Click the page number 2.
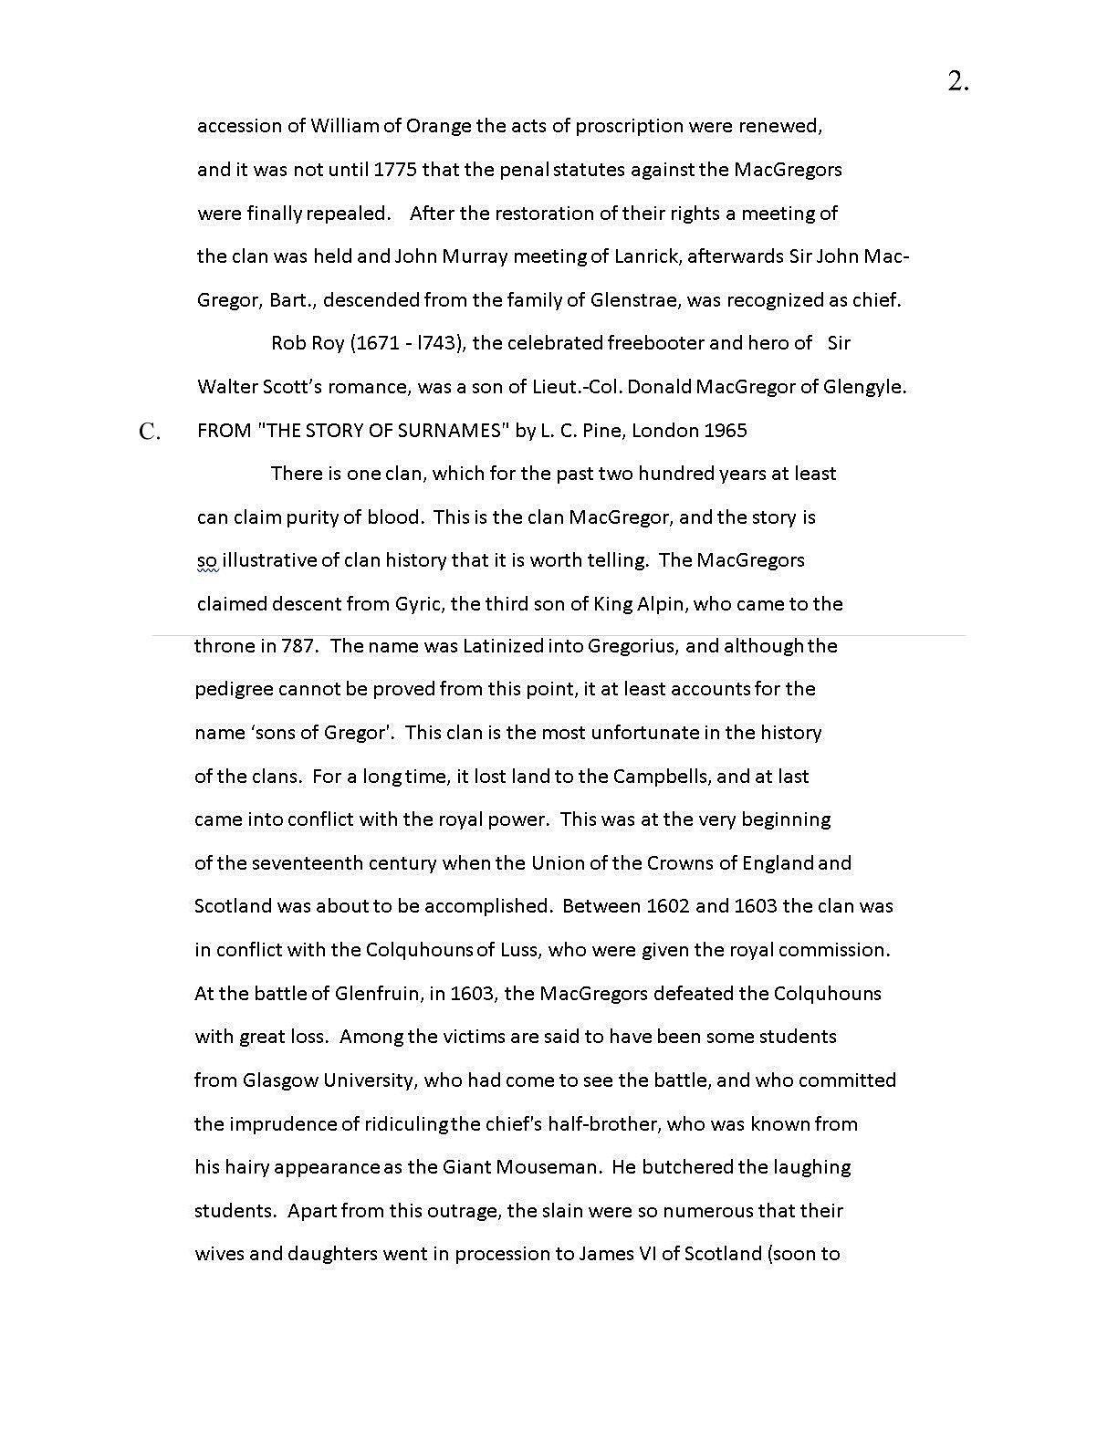tap(957, 82)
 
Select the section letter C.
tap(150, 433)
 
